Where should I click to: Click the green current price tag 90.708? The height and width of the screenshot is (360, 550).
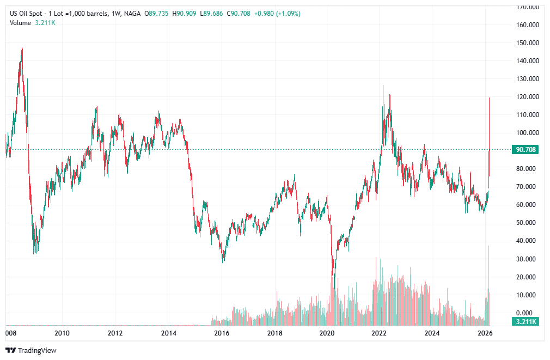pos(525,150)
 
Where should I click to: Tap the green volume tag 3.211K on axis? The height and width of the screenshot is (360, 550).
pos(525,322)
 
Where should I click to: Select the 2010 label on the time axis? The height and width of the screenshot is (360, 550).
pos(62,333)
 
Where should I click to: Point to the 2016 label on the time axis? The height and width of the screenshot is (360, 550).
pos(221,333)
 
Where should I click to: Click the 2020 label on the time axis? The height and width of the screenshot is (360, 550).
pos(326,333)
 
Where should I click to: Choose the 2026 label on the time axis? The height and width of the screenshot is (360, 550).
pos(485,333)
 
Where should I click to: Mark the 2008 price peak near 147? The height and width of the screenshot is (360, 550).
pos(22,48)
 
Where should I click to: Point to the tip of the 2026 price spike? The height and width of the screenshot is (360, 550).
pos(490,98)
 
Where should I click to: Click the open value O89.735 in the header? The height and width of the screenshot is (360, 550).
pos(157,13)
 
